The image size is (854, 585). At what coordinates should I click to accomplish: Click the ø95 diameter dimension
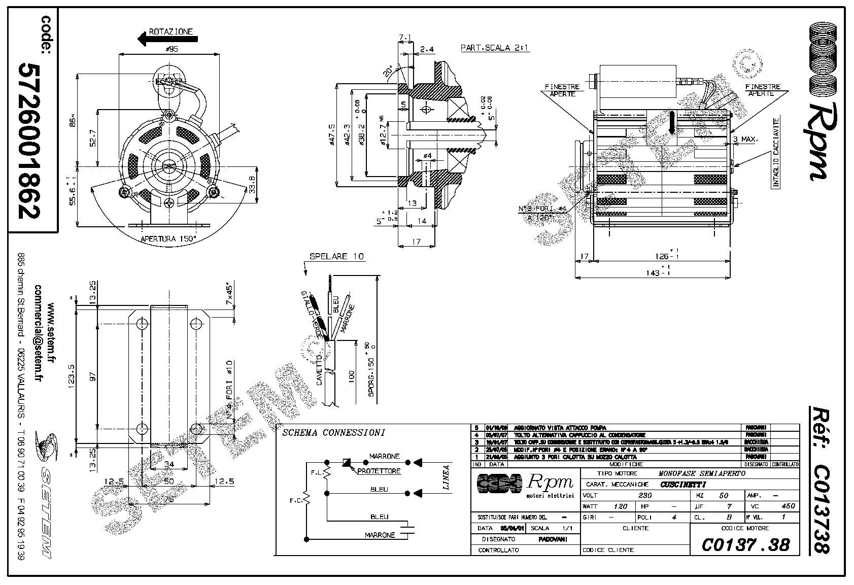click(171, 49)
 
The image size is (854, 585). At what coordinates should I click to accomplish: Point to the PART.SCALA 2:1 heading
click(488, 48)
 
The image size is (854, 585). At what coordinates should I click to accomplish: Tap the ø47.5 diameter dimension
click(332, 135)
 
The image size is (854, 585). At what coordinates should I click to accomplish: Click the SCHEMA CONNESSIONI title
click(333, 433)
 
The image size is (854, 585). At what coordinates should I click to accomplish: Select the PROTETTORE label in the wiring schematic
click(379, 471)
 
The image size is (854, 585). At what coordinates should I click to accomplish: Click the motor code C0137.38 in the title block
click(745, 544)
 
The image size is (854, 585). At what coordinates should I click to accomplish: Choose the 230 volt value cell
click(644, 495)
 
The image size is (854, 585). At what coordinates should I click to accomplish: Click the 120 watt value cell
click(621, 506)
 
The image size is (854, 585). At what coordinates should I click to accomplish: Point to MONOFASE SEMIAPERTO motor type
click(702, 473)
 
